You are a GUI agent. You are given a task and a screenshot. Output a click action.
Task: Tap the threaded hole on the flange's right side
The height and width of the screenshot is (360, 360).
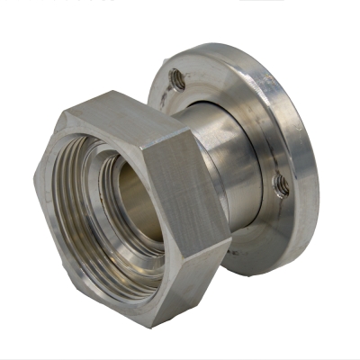(281, 184)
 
